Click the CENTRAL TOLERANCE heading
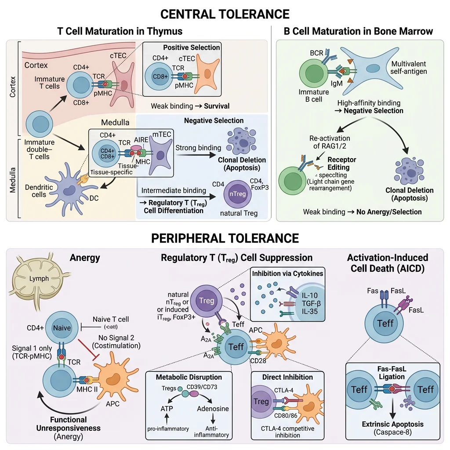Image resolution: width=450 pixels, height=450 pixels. tap(225, 14)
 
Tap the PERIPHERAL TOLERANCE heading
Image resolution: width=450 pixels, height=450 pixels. tap(225, 238)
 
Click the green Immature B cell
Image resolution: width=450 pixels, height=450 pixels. tap(314, 73)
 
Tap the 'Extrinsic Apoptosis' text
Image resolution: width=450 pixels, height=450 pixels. tap(393, 424)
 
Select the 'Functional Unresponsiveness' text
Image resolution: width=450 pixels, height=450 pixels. tap(69, 424)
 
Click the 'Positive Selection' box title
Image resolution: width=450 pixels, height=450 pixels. tap(192, 47)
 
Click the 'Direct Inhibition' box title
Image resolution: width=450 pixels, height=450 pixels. tap(287, 377)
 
